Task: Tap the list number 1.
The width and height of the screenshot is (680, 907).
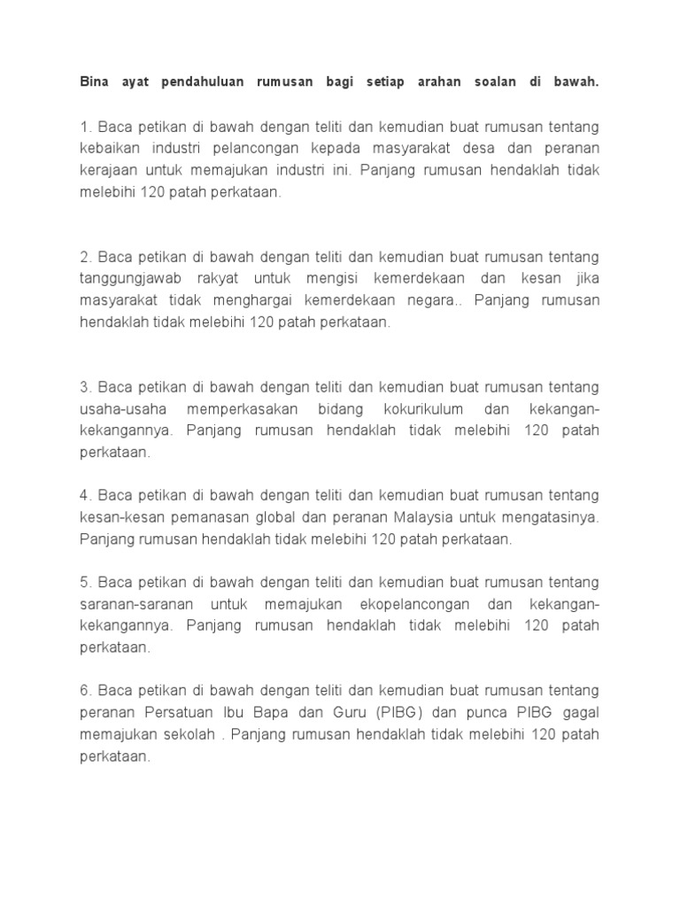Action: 84,126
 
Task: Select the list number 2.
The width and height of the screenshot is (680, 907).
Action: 84,257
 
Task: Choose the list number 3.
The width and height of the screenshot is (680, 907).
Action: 84,388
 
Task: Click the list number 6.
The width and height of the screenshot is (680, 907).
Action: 84,691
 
